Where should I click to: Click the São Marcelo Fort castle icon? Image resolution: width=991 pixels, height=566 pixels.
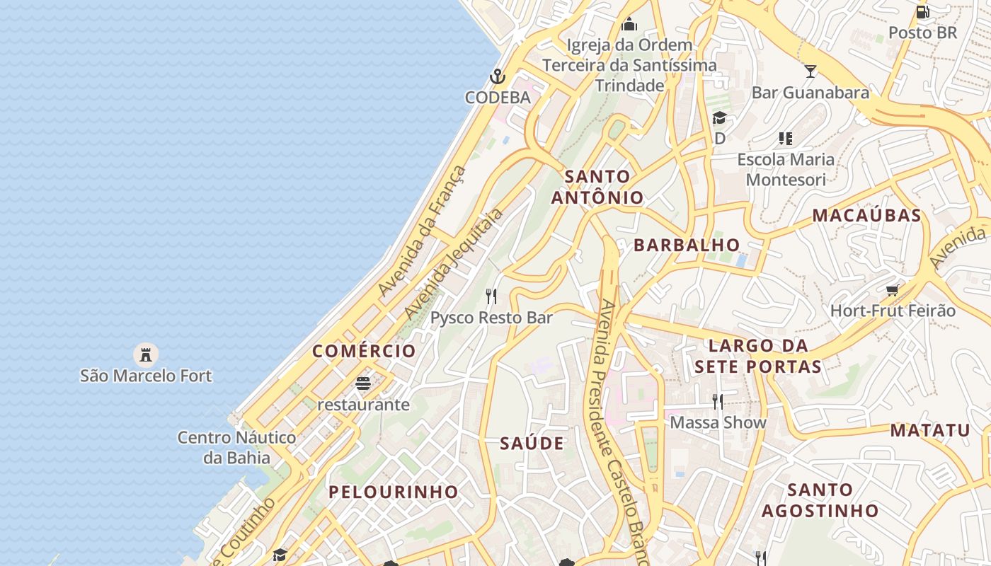pos(146,354)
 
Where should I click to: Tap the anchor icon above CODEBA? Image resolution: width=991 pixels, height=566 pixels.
pos(498,76)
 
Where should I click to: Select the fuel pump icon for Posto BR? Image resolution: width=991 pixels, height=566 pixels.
pos(922,11)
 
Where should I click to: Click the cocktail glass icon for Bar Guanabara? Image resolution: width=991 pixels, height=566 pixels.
pos(810,71)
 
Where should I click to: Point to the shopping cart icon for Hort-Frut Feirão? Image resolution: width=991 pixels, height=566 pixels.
pos(893,290)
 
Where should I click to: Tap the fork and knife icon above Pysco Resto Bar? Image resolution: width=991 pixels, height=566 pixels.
pos(491,296)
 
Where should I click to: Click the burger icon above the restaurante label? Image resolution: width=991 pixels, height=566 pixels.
pos(363,383)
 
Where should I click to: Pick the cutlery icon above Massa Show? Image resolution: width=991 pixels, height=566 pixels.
pos(718,402)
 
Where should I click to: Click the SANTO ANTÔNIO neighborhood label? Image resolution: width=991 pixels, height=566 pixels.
pos(597,187)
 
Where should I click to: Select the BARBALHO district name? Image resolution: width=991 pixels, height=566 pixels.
pos(687,245)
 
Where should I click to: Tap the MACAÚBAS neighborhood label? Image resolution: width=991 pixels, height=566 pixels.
pos(866,216)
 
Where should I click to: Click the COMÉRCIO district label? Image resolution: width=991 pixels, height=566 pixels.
pos(364,351)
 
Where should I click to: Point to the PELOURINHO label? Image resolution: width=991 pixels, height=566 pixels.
pos(393,492)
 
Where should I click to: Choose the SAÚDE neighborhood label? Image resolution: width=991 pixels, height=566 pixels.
pos(532,444)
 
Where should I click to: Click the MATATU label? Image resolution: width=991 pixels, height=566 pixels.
pos(929,430)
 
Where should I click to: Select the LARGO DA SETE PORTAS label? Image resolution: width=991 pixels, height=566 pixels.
pos(758,356)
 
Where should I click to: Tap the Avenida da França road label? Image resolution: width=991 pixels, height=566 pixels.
pos(423,231)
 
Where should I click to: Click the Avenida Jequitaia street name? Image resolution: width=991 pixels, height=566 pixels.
pos(454,263)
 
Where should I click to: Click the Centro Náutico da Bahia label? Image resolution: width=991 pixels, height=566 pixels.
pos(236,447)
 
